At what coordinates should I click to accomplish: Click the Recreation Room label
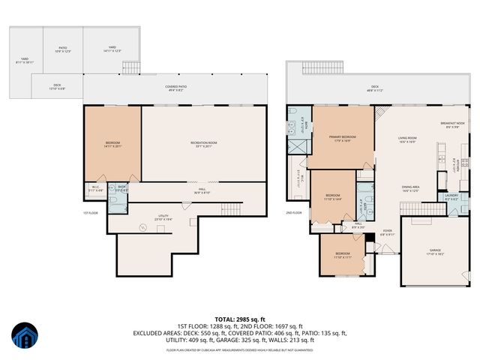(203, 144)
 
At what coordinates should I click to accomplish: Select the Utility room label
(163, 217)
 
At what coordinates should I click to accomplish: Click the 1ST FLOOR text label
(92, 212)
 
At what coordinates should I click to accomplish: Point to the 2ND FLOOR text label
(295, 212)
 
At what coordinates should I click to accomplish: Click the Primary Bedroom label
(342, 138)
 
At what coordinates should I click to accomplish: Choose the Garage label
(436, 253)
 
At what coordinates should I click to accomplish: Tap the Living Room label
(407, 139)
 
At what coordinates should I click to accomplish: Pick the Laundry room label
(451, 197)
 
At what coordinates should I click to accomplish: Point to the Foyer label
(387, 233)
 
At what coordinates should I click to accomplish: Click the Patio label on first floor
(63, 49)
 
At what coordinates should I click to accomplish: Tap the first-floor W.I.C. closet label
(96, 187)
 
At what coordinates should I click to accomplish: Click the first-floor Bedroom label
(112, 144)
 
